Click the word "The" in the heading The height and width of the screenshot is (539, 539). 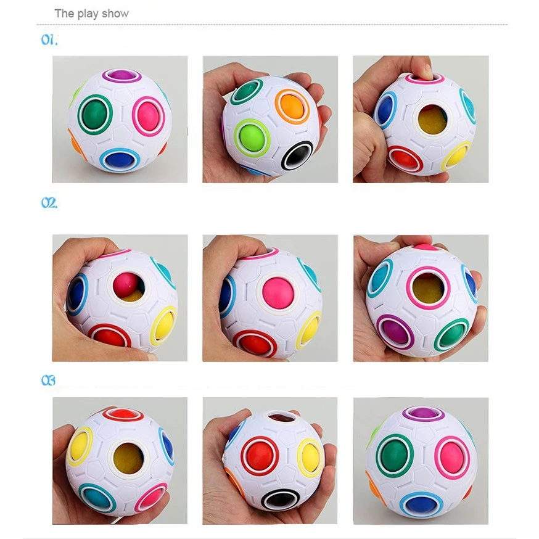pos(64,14)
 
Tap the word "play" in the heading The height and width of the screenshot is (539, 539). pos(88,14)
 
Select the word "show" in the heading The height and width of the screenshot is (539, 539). pos(115,14)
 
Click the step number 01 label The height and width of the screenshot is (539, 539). pos(49,40)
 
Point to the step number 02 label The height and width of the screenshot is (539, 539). pos(49,203)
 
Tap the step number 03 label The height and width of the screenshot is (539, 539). pos(48,381)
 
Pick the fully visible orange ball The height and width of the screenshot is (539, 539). pos(292,106)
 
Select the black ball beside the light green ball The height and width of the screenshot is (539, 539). pos(298,157)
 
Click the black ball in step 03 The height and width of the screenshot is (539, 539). pos(280,500)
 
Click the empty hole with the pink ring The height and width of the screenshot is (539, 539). pos(428,289)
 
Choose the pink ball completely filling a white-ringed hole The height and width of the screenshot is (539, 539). pos(278,293)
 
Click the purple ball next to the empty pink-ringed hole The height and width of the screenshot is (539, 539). pos(394,332)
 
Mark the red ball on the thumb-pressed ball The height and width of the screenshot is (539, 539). pos(405,159)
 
